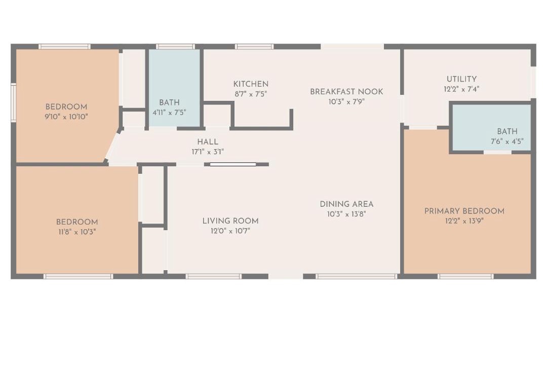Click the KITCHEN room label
[251, 84]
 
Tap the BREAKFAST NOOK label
[346, 92]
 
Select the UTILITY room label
[461, 79]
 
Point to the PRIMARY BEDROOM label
[464, 211]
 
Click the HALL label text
[208, 142]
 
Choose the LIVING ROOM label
[230, 221]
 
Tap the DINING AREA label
[346, 204]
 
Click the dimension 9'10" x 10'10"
[66, 117]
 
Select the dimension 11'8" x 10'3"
[77, 231]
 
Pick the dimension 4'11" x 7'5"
[169, 113]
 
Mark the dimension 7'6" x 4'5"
[507, 141]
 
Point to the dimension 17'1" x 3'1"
[208, 152]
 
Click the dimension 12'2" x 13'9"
[464, 221]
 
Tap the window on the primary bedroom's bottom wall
[466, 276]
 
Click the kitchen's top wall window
[254, 47]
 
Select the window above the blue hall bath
[175, 47]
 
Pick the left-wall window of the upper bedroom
[13, 102]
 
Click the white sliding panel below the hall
[232, 164]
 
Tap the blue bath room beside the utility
[491, 128]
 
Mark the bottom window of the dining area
[357, 276]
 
